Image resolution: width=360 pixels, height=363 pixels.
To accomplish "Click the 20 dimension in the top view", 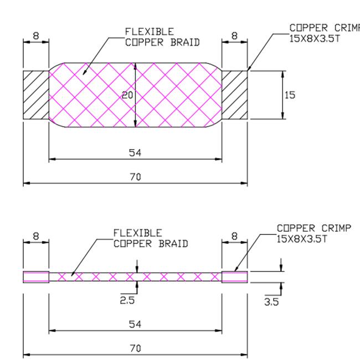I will coord(128,95).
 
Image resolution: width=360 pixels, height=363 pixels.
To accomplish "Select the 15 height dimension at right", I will coord(290,95).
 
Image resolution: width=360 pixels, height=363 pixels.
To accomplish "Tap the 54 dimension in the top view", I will coord(135,153).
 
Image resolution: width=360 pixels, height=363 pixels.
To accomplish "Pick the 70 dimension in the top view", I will coord(135,177).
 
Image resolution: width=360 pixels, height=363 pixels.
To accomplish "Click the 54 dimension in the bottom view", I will coord(135,324).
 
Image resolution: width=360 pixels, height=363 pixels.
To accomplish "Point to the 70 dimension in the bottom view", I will coord(135,348).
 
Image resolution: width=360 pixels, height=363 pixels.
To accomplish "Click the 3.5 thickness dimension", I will coord(271,302).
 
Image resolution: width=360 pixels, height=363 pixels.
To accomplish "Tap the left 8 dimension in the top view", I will coord(36,36).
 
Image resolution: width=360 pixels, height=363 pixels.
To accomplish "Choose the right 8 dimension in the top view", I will coord(234,36).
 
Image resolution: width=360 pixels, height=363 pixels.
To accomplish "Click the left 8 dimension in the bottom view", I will coord(36,236).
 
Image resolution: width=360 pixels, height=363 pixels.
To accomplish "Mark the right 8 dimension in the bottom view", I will coord(234,236).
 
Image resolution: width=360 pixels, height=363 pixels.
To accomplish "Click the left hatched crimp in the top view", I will coord(36,94).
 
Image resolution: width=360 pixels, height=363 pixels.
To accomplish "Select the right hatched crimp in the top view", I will coord(235,94).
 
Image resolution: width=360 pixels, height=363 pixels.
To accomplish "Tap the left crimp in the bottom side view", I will coord(36,277).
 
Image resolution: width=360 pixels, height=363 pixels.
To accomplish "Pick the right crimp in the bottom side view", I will coord(235,277).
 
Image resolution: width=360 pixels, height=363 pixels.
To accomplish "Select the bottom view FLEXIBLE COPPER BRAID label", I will coord(150,238).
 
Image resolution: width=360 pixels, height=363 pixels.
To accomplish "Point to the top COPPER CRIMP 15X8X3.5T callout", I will coord(324,33).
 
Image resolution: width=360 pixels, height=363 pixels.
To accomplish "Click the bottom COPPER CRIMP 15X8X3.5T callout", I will coord(313,233).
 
